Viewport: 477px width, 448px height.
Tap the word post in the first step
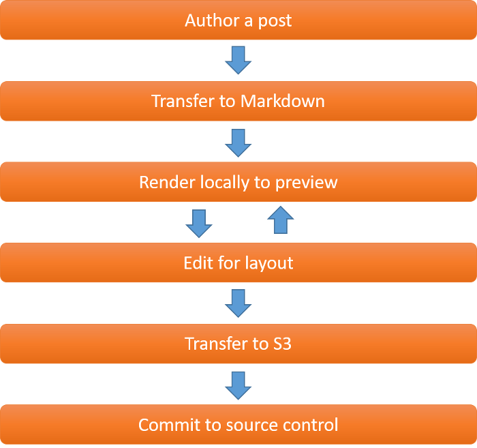click(x=275, y=21)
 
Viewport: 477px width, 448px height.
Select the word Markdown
click(x=282, y=102)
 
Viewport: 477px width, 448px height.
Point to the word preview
click(x=305, y=183)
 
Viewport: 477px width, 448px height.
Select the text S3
click(x=281, y=343)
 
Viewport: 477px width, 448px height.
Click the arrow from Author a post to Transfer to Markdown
click(x=238, y=60)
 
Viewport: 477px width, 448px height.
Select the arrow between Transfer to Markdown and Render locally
click(x=238, y=143)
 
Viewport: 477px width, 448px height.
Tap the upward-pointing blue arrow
click(x=279, y=221)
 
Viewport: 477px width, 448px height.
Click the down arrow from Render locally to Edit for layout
click(x=199, y=223)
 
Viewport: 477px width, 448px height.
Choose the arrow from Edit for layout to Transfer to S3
click(x=238, y=303)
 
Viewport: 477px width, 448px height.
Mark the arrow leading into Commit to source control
click(x=238, y=385)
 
